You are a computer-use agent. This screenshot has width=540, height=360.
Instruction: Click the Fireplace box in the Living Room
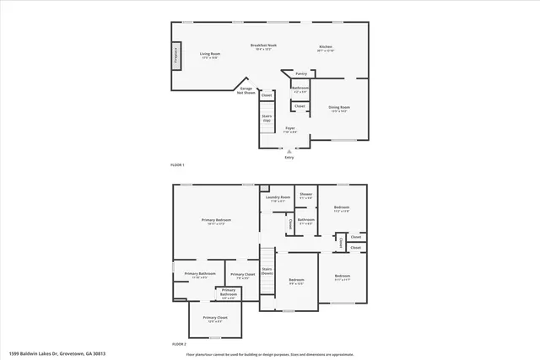pos(175,56)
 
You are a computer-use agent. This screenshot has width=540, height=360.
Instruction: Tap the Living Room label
pos(209,56)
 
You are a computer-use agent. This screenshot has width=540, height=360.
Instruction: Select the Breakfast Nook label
pos(264,46)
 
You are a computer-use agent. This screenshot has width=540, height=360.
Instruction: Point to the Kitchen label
pos(326,48)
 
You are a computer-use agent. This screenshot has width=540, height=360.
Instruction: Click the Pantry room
pos(301,74)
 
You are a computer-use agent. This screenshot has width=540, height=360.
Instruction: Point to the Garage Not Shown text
pos(246,90)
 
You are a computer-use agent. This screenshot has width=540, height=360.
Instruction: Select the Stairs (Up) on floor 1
pos(267,119)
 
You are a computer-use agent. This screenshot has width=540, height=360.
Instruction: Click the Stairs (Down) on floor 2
pos(267,271)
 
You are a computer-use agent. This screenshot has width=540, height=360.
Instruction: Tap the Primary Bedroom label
pos(217,222)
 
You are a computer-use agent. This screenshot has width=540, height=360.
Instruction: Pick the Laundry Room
pos(278,199)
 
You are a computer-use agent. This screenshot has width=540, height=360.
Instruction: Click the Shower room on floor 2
pos(305,196)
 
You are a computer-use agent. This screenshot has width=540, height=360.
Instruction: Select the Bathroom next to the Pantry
pos(300,89)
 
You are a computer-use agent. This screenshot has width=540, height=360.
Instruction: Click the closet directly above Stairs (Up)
pos(267,95)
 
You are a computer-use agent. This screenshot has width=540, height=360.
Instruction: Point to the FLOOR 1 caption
pos(177,164)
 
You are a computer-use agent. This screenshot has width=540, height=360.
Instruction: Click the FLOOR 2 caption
pos(178,344)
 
